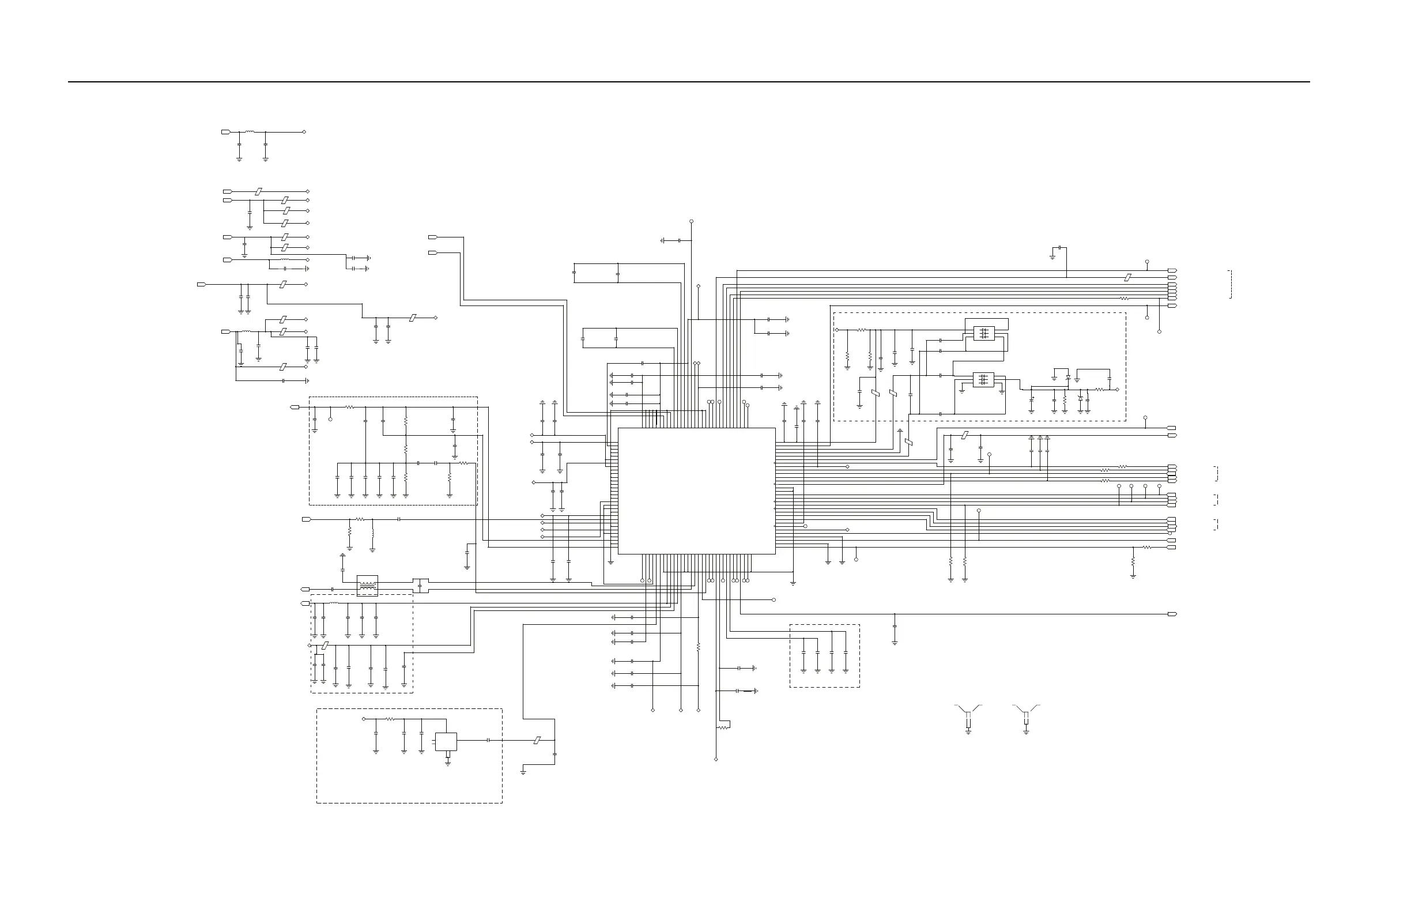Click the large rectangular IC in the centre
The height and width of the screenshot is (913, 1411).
pos(697,491)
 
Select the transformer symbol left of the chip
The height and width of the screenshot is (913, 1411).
pos(368,585)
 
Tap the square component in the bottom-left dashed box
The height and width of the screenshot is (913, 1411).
pos(446,742)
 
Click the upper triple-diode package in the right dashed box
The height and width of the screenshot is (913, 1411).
pos(984,333)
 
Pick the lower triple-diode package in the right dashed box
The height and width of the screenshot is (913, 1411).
pos(983,379)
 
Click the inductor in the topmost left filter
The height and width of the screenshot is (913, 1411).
pos(250,131)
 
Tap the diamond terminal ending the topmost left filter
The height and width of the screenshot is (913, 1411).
pos(305,131)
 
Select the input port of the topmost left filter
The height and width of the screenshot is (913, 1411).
pos(225,131)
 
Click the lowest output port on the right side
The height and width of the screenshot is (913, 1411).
pos(1172,614)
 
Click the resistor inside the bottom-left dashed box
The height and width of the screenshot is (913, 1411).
pos(390,719)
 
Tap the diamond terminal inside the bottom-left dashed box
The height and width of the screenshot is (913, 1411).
pos(364,719)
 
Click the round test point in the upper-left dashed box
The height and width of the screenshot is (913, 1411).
pos(330,419)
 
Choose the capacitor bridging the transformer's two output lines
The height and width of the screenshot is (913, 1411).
pos(420,586)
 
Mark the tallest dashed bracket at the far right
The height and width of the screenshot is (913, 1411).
pos(1231,284)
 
